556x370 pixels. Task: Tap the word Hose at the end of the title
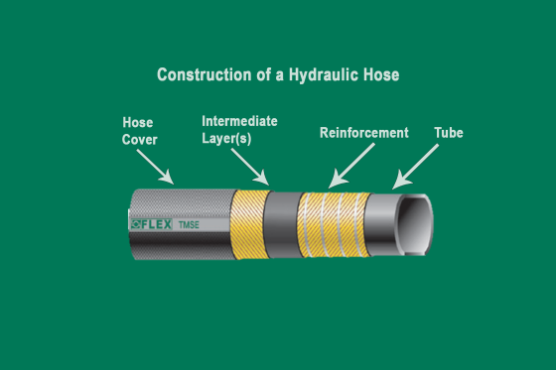pos(379,75)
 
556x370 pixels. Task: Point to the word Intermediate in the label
pos(239,121)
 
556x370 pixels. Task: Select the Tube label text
pos(449,132)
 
